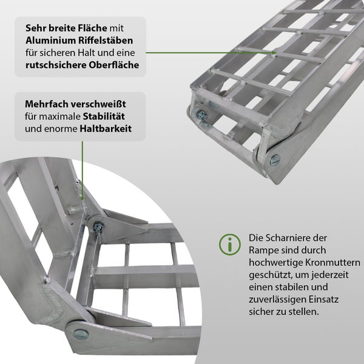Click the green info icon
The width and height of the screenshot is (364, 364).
tap(229, 244)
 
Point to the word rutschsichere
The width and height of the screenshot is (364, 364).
tap(53, 64)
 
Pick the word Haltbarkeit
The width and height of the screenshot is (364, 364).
tap(106, 129)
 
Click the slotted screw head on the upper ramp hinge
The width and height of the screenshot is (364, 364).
tap(275, 160)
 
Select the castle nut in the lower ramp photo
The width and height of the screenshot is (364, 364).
tap(96, 226)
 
